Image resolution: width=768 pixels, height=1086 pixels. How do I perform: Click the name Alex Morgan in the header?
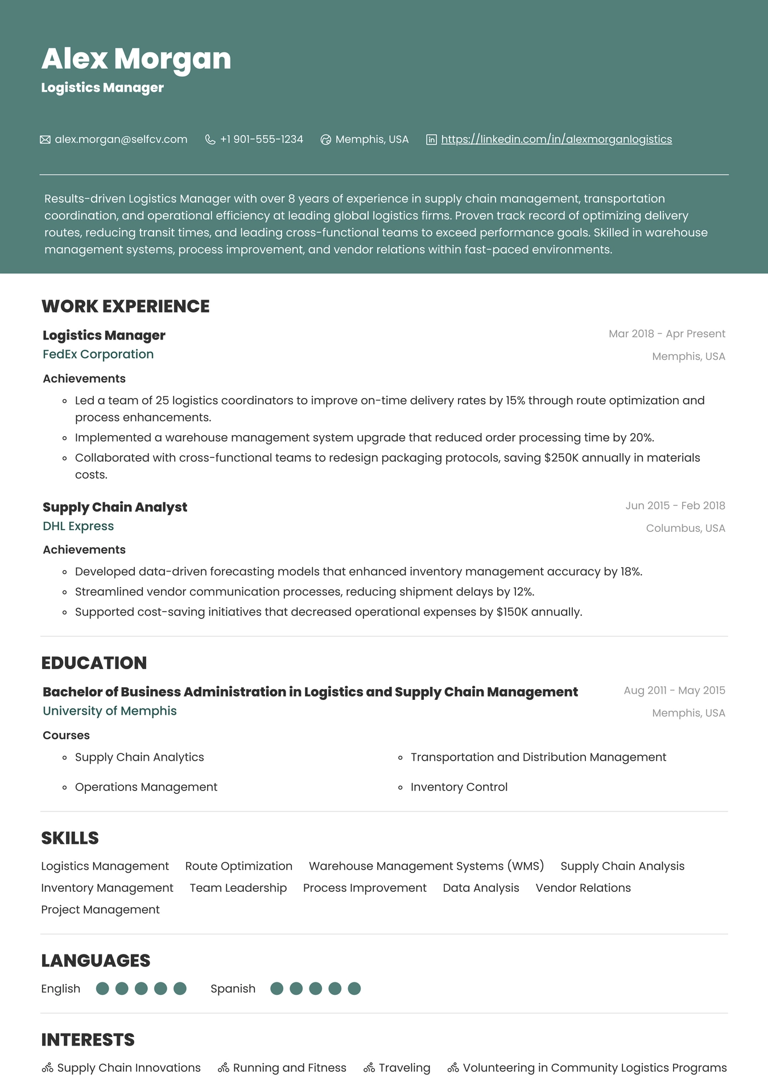coord(136,59)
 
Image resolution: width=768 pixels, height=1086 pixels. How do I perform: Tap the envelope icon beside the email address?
coord(45,140)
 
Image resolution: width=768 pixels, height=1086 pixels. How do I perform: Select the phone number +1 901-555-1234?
coord(261,140)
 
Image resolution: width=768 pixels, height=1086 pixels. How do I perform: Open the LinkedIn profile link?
coord(556,140)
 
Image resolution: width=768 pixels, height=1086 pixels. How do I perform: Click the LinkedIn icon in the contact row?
coord(431,140)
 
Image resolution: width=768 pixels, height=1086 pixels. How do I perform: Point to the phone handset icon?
coord(210,140)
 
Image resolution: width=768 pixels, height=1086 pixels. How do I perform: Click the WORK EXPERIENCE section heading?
coord(125,306)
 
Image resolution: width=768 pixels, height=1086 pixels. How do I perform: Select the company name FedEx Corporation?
coord(98,354)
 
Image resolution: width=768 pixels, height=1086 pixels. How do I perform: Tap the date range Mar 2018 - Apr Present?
coord(667,334)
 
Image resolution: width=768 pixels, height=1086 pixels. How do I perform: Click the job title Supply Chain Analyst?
coord(114,507)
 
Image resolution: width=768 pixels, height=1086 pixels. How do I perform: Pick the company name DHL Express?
coord(78,526)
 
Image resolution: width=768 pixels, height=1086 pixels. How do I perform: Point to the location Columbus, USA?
coord(685,528)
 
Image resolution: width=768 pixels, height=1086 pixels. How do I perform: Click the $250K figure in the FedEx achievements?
coord(561,458)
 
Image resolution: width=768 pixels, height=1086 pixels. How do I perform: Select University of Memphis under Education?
coord(109,711)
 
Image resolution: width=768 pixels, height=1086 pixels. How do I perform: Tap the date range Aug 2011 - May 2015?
coord(674,691)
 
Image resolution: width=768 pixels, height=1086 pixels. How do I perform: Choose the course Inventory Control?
coord(459,787)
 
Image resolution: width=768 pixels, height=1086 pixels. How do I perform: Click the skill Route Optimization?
coord(238,866)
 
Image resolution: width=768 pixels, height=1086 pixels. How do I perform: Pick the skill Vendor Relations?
coord(583,888)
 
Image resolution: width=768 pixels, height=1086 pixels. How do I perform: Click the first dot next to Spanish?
coord(276,989)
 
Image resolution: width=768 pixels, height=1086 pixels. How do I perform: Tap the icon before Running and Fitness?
coord(224,1068)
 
